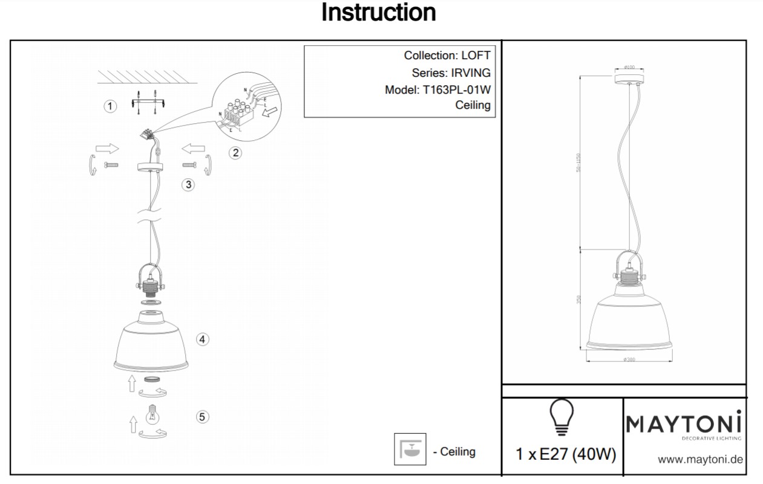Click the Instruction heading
click(378, 13)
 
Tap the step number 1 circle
click(110, 106)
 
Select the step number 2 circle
click(235, 153)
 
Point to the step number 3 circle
click(189, 184)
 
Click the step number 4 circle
click(203, 339)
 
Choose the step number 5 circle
click(203, 416)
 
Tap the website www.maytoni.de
click(700, 460)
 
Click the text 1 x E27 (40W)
click(566, 454)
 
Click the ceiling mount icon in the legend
click(410, 450)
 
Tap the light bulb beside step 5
click(152, 416)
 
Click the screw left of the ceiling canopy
click(111, 164)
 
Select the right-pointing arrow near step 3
click(107, 149)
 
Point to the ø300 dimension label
click(629, 360)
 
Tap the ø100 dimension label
click(629, 66)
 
